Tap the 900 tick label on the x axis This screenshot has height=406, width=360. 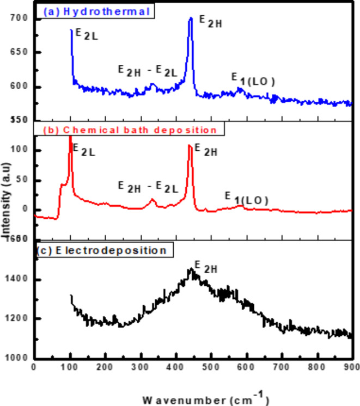[x=351, y=368]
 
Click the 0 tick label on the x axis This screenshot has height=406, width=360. [x=34, y=368]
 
